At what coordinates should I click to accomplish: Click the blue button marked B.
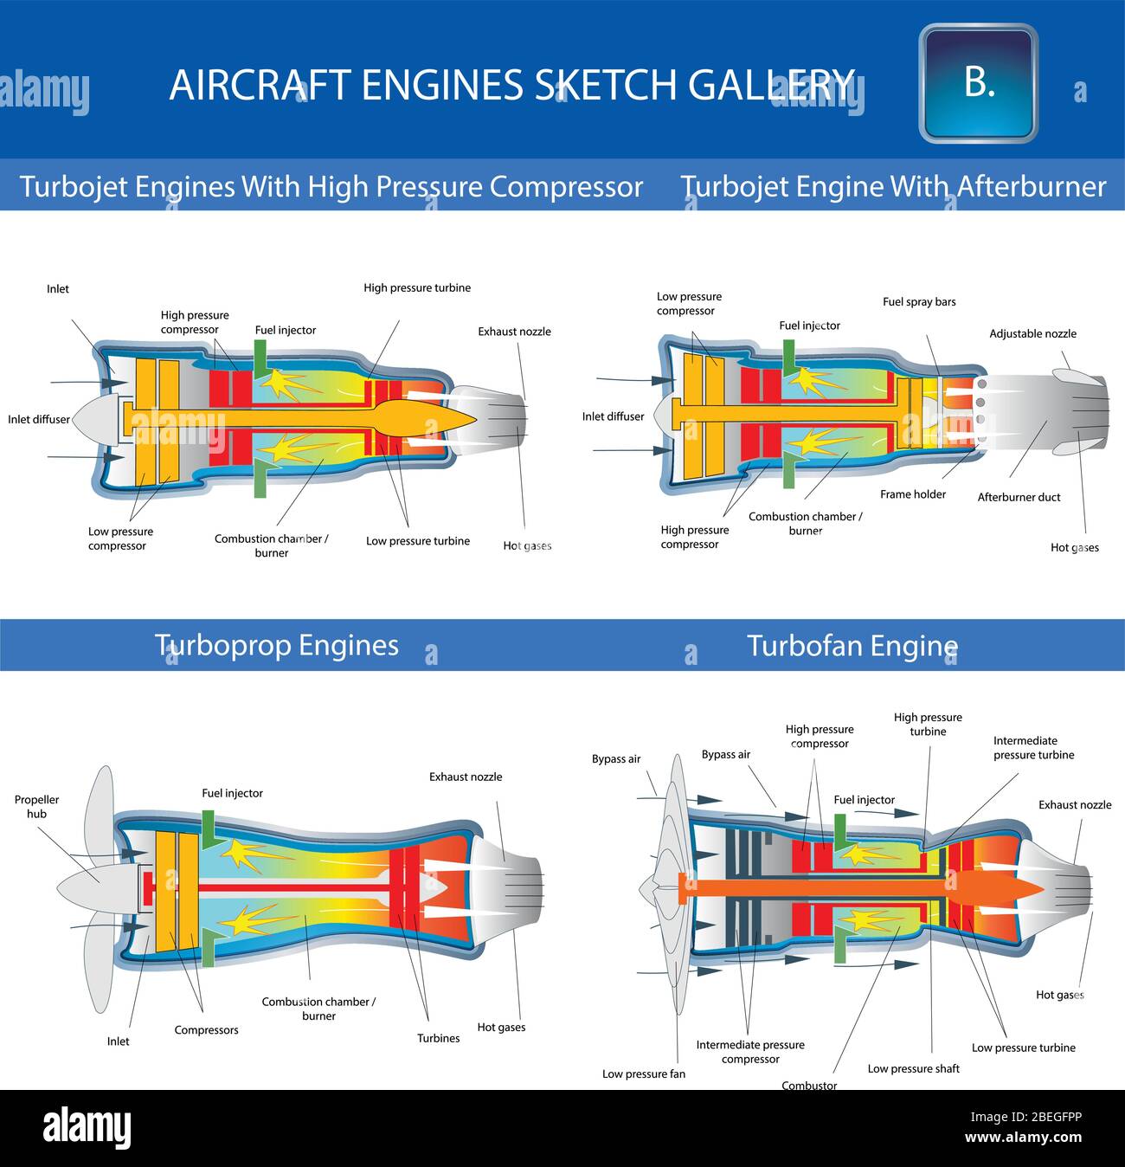tap(978, 83)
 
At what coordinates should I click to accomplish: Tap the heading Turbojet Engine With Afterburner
tap(893, 186)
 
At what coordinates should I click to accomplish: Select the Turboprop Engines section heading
tap(276, 645)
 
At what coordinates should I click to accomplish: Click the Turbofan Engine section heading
tap(852, 646)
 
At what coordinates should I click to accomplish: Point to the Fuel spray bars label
tap(919, 302)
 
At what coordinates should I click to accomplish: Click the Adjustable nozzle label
tap(1032, 333)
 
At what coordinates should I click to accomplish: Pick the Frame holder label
tap(913, 494)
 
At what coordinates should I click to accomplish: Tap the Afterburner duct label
tap(1019, 497)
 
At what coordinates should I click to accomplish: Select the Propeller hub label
tap(36, 806)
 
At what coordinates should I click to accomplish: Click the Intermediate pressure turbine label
tap(1033, 747)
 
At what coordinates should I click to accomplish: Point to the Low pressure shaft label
tap(913, 1068)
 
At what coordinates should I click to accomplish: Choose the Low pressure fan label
tap(643, 1074)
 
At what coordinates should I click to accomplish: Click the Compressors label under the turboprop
tap(206, 1030)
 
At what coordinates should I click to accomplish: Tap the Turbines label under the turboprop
tap(438, 1038)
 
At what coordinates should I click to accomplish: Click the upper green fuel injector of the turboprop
tap(208, 824)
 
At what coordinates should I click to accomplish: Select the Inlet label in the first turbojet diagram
tap(58, 289)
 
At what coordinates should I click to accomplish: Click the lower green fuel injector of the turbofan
tap(840, 948)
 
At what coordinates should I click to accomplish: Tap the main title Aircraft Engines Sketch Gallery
tap(511, 85)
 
